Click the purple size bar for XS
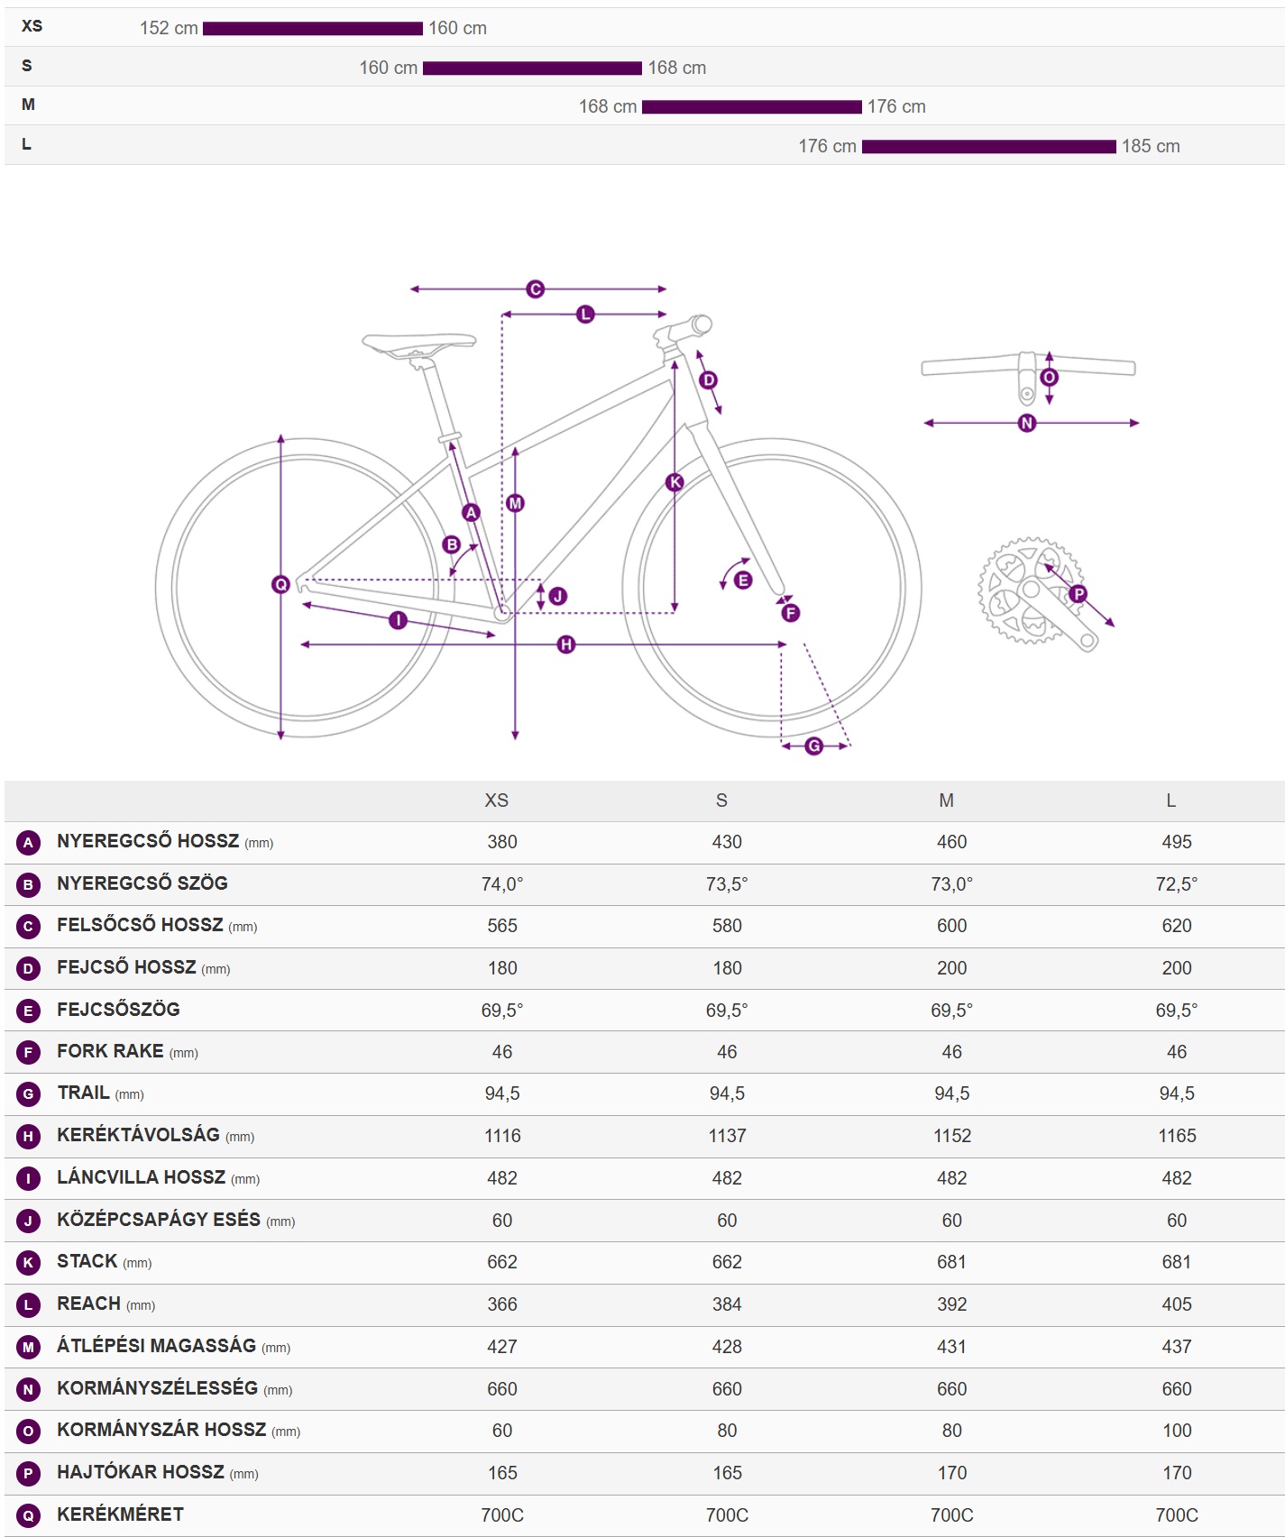click(312, 29)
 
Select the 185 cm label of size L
click(1151, 146)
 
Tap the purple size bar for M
click(751, 107)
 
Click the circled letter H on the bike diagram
click(566, 645)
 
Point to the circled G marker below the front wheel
click(814, 746)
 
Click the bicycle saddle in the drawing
click(418, 343)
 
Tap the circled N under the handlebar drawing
click(1027, 423)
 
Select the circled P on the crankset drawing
click(1078, 594)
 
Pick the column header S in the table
click(721, 801)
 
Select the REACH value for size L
click(1177, 1304)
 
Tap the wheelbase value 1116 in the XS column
click(502, 1136)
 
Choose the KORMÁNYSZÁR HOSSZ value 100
click(1177, 1431)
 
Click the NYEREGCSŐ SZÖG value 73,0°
click(951, 884)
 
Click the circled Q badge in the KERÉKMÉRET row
click(28, 1515)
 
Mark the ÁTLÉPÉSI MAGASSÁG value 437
click(1177, 1347)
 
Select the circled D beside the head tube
click(709, 380)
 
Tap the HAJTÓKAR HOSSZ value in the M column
click(951, 1473)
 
